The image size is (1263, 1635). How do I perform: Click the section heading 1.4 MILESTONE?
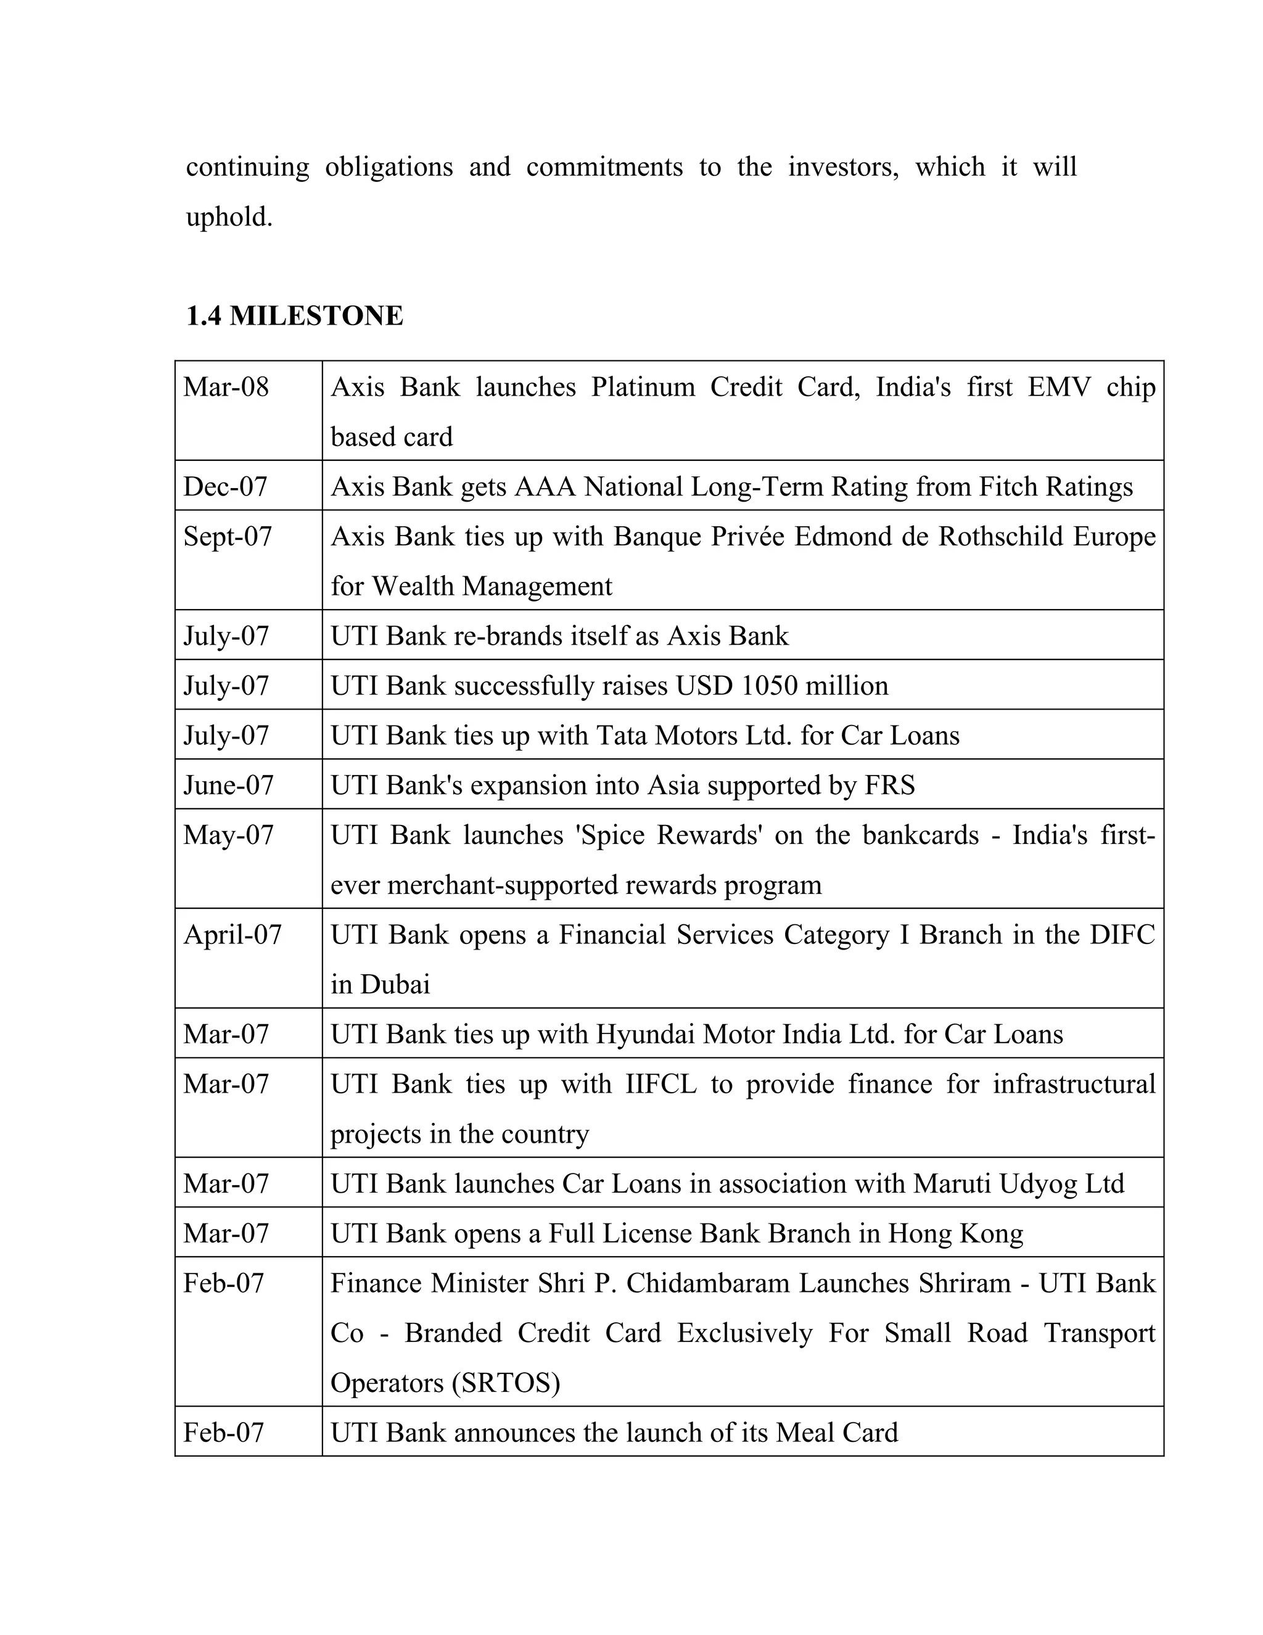294,316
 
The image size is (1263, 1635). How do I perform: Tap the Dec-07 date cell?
225,487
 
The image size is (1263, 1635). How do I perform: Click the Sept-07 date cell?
228,537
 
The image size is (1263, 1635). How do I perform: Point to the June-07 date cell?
228,785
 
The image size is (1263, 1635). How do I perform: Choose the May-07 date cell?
228,835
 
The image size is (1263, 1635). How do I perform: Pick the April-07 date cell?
232,934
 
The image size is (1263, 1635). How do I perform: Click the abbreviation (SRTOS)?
506,1383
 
